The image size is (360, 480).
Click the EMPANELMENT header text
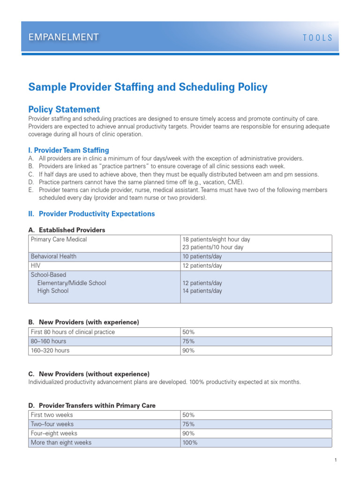(64, 37)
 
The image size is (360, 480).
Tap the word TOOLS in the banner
(317, 38)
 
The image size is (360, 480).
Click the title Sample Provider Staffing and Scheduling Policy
(148, 87)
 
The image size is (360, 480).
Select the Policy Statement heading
(64, 109)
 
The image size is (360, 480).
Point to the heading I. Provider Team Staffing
(68, 150)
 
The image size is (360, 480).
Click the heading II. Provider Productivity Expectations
(91, 214)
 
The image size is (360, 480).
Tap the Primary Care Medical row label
(59, 240)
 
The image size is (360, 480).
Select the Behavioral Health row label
(53, 257)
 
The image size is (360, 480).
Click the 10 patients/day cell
(202, 257)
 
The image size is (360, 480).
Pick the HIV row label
(36, 266)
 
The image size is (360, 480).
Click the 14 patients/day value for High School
(202, 291)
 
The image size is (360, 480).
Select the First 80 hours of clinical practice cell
(73, 332)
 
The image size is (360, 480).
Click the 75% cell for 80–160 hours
(188, 341)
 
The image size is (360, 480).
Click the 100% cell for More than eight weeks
(190, 442)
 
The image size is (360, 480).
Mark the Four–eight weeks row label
(54, 434)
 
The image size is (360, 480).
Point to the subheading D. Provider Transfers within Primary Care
(92, 405)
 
